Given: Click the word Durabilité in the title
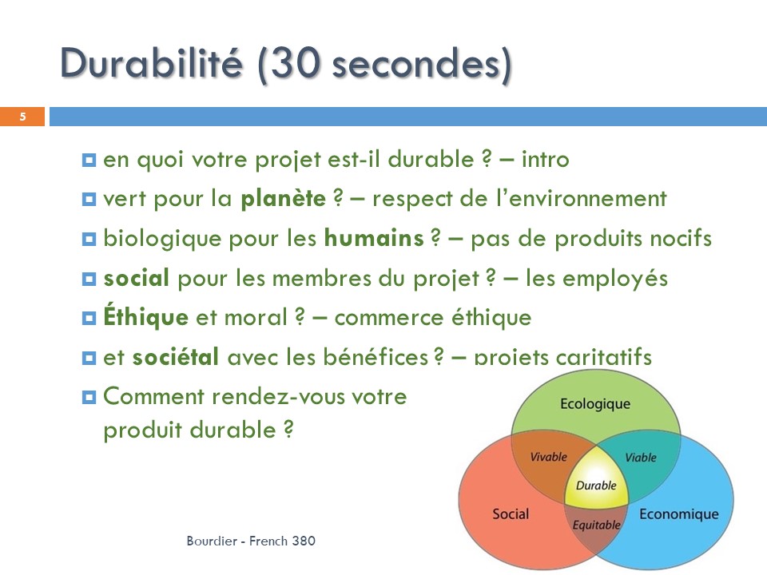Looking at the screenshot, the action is point(151,63).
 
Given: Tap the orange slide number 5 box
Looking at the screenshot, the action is point(22,117).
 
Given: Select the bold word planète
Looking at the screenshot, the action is point(283,199).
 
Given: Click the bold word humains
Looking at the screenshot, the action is point(374,238).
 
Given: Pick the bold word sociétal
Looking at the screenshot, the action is point(176,356).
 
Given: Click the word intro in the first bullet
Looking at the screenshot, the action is point(546,159).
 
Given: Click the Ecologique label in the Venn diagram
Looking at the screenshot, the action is point(595,404).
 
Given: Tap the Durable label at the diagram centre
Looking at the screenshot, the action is point(596,486).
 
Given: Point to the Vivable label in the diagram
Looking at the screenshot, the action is point(548,457).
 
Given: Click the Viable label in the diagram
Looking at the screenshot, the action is point(641,457).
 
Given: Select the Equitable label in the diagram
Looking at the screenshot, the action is point(596,525).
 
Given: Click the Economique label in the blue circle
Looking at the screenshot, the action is point(679,514).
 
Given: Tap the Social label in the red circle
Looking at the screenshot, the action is point(511,514).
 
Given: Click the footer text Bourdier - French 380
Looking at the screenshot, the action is point(251,541).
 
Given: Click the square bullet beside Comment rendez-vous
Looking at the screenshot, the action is point(89,397).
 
